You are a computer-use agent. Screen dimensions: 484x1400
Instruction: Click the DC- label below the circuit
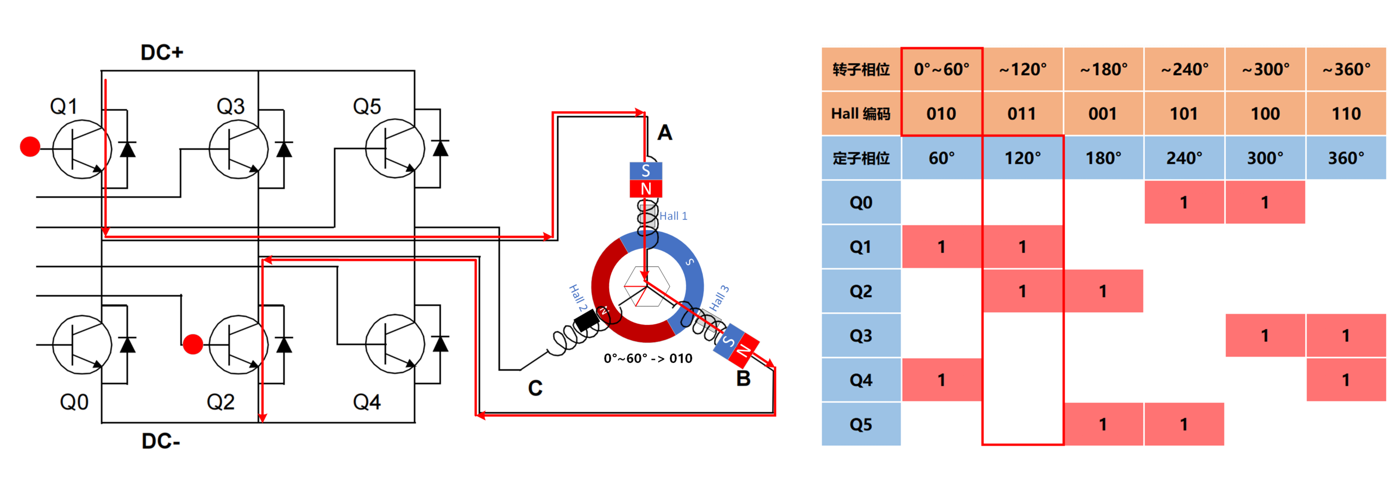pyautogui.click(x=161, y=441)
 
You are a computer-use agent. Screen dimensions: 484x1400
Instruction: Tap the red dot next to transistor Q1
pyautogui.click(x=30, y=147)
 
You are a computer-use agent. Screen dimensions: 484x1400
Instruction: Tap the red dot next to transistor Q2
pyautogui.click(x=193, y=344)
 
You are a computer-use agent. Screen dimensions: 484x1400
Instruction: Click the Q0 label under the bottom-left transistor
pyautogui.click(x=74, y=402)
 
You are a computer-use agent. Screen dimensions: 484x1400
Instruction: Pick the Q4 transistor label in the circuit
pyautogui.click(x=367, y=402)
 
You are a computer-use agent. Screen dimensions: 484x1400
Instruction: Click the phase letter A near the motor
pyautogui.click(x=665, y=133)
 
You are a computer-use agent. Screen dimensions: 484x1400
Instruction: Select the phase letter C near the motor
pyautogui.click(x=535, y=388)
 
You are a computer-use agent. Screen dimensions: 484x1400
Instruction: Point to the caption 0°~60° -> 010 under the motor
pyautogui.click(x=648, y=359)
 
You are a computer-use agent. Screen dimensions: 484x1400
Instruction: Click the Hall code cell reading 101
pyautogui.click(x=1184, y=113)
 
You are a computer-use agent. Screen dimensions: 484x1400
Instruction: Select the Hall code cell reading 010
pyautogui.click(x=941, y=113)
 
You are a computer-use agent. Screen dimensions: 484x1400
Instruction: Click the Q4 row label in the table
pyautogui.click(x=861, y=380)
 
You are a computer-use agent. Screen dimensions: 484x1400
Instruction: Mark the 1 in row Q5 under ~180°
pyautogui.click(x=1103, y=424)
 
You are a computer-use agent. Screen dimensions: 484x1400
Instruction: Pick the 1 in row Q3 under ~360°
pyautogui.click(x=1346, y=336)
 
